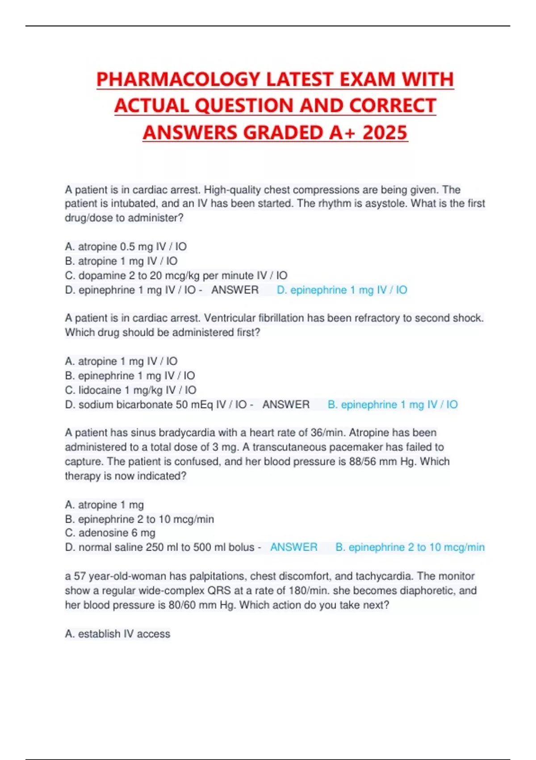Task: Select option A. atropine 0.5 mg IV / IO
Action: point(126,247)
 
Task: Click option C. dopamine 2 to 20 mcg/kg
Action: point(176,275)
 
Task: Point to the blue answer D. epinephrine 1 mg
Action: point(342,290)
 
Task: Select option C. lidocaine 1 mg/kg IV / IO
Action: point(130,390)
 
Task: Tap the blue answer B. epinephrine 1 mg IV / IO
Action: point(392,405)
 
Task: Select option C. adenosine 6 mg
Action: point(110,533)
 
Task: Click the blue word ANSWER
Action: point(293,547)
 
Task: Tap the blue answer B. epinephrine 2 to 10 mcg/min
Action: point(410,547)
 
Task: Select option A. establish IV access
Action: point(117,634)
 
